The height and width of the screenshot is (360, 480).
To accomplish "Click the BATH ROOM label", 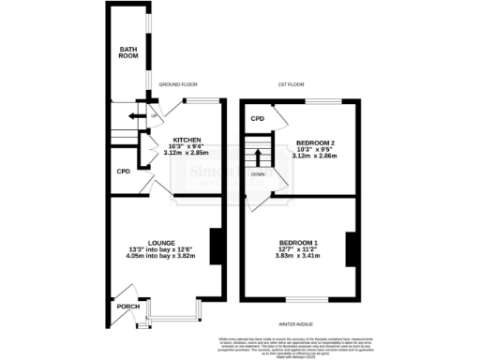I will (x=127, y=52).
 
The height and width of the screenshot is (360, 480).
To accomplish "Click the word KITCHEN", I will (x=186, y=140).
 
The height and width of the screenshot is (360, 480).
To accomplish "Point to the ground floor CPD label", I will (x=123, y=172).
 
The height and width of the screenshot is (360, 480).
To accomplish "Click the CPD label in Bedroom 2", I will (x=256, y=119).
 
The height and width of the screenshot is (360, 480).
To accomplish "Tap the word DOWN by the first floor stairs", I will (x=257, y=173).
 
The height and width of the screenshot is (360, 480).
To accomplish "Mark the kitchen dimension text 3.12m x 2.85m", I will (x=186, y=153).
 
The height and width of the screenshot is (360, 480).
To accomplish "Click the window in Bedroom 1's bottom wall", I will (x=300, y=299).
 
